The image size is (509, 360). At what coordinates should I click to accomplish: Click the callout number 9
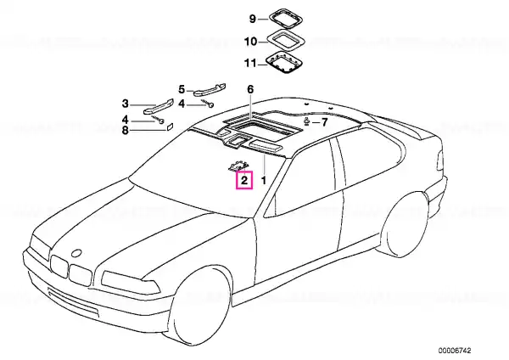(x=253, y=19)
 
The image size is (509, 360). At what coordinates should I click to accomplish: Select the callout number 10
(x=250, y=42)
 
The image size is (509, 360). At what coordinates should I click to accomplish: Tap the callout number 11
(x=250, y=63)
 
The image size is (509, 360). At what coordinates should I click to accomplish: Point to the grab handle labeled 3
(x=158, y=106)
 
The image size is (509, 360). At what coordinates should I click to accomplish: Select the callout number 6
(x=250, y=89)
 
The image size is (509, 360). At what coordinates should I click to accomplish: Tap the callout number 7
(x=324, y=122)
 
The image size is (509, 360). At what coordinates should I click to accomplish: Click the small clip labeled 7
(x=307, y=121)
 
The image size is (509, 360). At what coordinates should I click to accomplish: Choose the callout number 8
(x=125, y=131)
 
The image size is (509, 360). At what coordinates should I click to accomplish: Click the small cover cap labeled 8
(x=171, y=127)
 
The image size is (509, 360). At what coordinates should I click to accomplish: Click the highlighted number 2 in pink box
(x=244, y=180)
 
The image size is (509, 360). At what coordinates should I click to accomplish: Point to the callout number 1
(x=264, y=180)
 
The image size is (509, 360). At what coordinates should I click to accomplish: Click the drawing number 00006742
(x=454, y=351)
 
